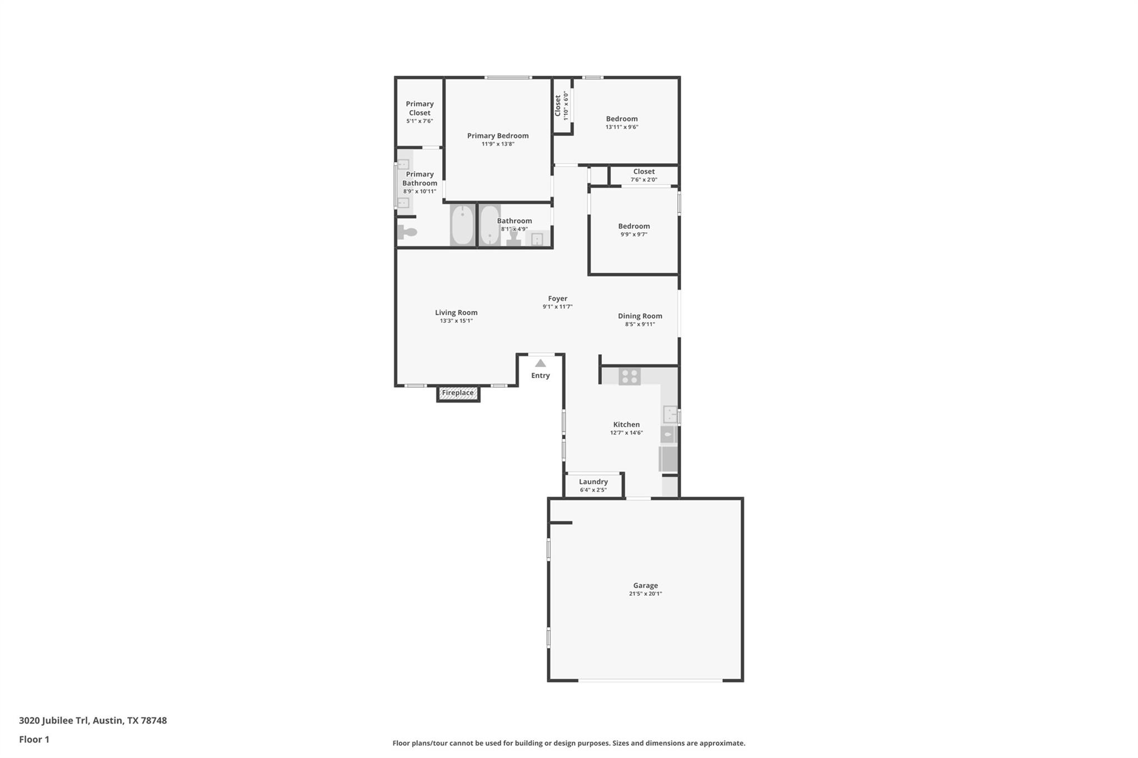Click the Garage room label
pyautogui.click(x=645, y=585)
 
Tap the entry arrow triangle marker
pyautogui.click(x=540, y=363)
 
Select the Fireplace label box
pyautogui.click(x=458, y=393)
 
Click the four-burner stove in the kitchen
pyautogui.click(x=630, y=377)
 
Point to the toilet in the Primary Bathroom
pyautogui.click(x=407, y=232)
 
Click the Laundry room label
pyautogui.click(x=593, y=482)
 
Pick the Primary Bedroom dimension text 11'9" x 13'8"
pyautogui.click(x=498, y=144)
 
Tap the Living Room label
pyautogui.click(x=456, y=313)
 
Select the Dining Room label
pyautogui.click(x=640, y=316)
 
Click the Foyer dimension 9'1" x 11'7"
pyautogui.click(x=557, y=307)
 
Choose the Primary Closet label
pyautogui.click(x=420, y=108)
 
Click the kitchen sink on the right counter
pyautogui.click(x=670, y=415)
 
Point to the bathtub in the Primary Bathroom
pyautogui.click(x=462, y=225)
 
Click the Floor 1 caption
pyautogui.click(x=34, y=739)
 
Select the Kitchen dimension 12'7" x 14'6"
pyautogui.click(x=626, y=433)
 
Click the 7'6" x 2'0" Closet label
pyautogui.click(x=644, y=172)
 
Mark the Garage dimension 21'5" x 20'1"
pyautogui.click(x=645, y=594)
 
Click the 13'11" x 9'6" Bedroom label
pyautogui.click(x=622, y=119)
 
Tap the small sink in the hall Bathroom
pyautogui.click(x=537, y=239)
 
